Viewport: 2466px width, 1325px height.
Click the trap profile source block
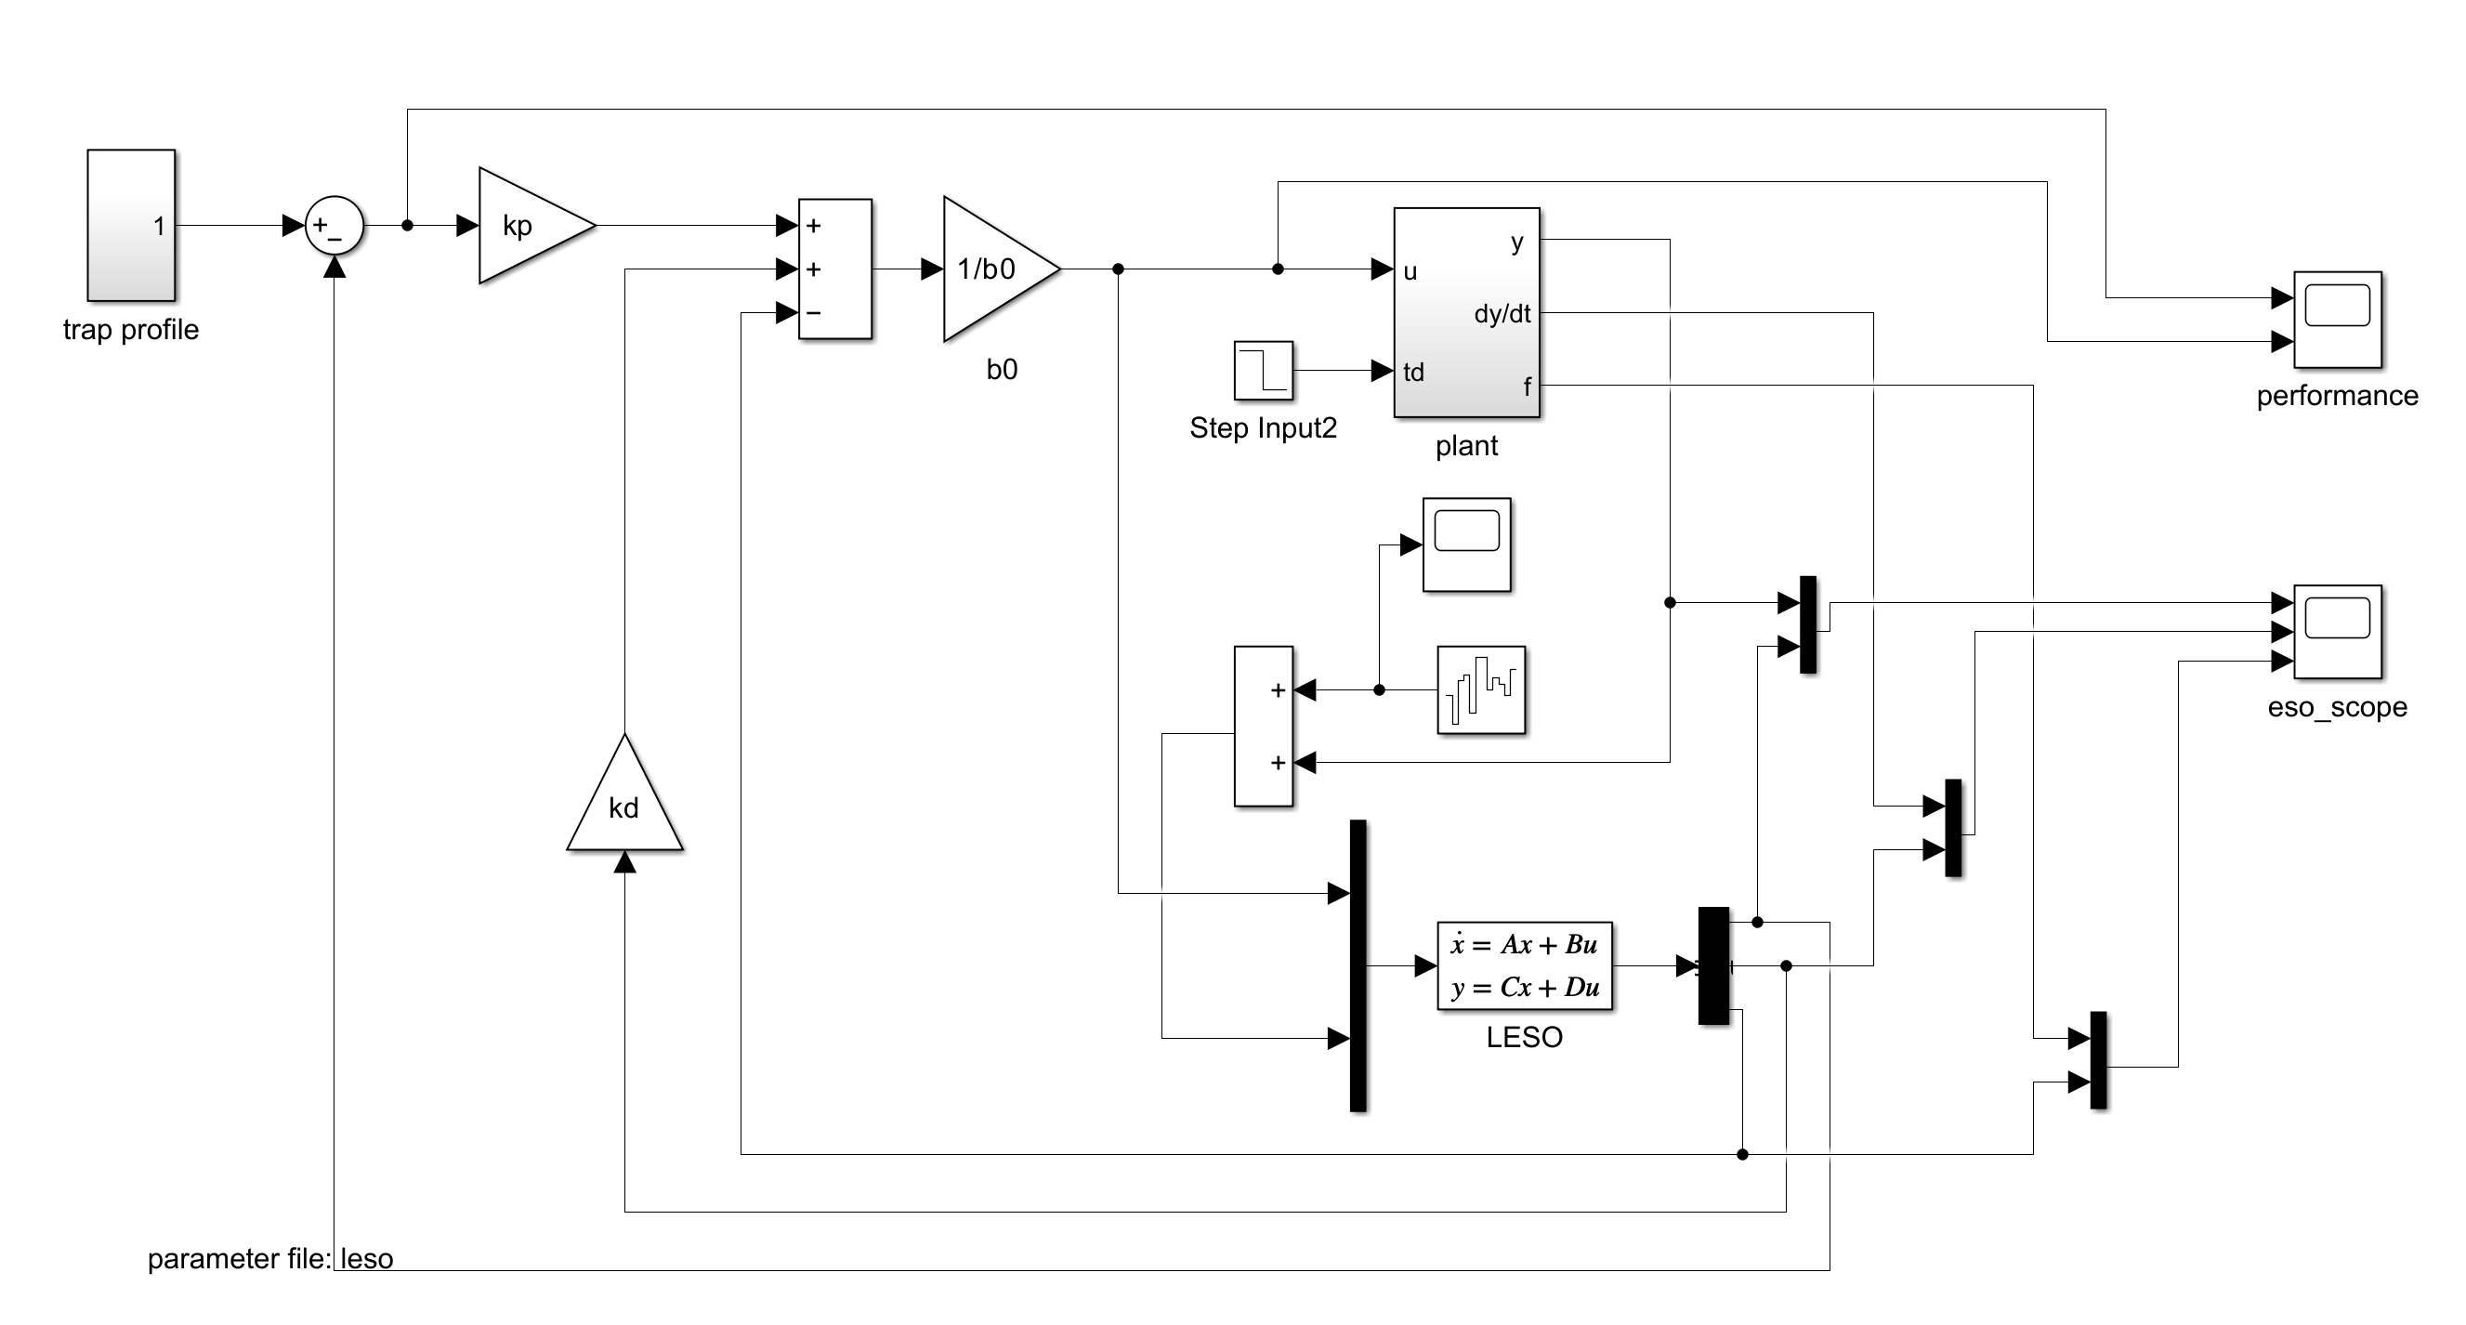click(131, 225)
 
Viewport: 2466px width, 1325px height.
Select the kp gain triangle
click(530, 226)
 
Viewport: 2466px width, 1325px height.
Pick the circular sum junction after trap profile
click(334, 226)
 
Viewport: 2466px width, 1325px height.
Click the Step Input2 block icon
click(1263, 371)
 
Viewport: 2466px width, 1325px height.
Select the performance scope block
click(2337, 319)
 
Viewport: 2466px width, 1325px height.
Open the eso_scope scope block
click(2337, 632)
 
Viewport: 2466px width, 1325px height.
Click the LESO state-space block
click(1524, 965)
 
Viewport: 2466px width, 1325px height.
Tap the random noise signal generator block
click(1481, 689)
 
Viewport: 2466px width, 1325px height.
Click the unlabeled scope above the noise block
click(1465, 544)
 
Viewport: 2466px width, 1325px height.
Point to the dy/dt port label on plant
click(1502, 314)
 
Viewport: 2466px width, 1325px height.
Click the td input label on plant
click(1414, 373)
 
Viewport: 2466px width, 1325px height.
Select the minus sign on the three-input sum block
click(814, 313)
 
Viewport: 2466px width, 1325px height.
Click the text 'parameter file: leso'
click(270, 1259)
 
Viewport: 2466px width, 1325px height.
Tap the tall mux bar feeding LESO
click(1358, 965)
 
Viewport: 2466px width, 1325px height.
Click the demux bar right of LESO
click(1713, 965)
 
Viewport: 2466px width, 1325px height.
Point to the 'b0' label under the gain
click(1002, 370)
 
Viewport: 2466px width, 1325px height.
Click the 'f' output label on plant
click(1527, 387)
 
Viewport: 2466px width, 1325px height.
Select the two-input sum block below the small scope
click(1263, 726)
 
